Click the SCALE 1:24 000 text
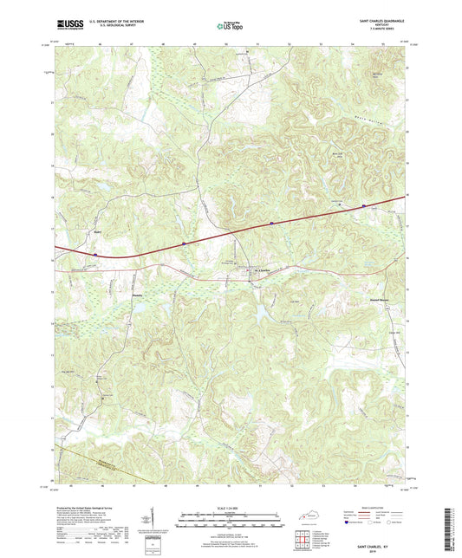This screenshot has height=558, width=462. [x=230, y=509]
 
